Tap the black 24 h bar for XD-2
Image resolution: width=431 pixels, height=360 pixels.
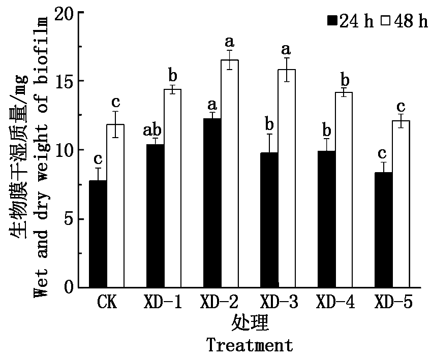pos(212,203)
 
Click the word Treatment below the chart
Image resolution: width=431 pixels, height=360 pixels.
pos(250,345)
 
